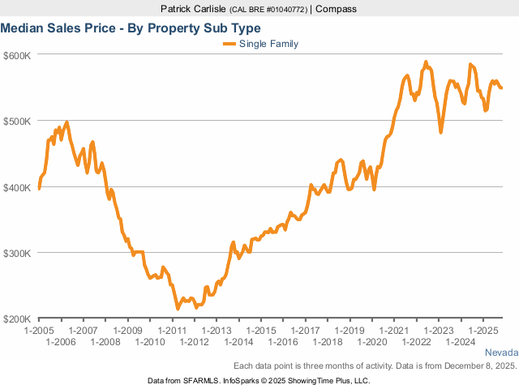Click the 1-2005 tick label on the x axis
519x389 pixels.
tap(39, 331)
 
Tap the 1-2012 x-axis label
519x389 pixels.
tap(194, 342)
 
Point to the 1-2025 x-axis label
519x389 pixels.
tap(483, 331)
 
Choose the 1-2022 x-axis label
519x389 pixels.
tap(416, 342)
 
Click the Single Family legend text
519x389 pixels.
tap(269, 44)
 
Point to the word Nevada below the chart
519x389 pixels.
tap(500, 353)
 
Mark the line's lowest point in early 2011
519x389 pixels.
tap(178, 308)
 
